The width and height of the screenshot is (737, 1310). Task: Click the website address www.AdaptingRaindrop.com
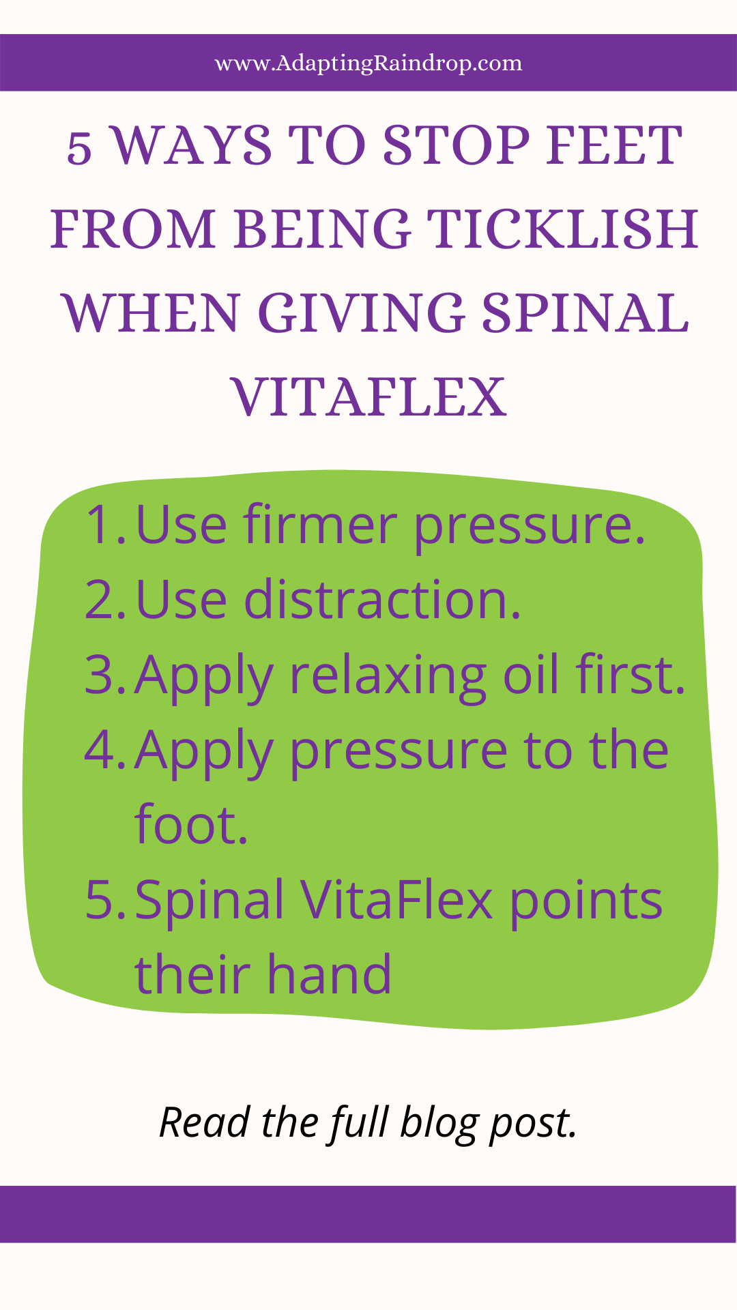369,63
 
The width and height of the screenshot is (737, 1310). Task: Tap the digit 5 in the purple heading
80,148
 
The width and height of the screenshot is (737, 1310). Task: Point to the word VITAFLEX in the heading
369,397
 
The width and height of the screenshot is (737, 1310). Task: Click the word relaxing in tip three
388,678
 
